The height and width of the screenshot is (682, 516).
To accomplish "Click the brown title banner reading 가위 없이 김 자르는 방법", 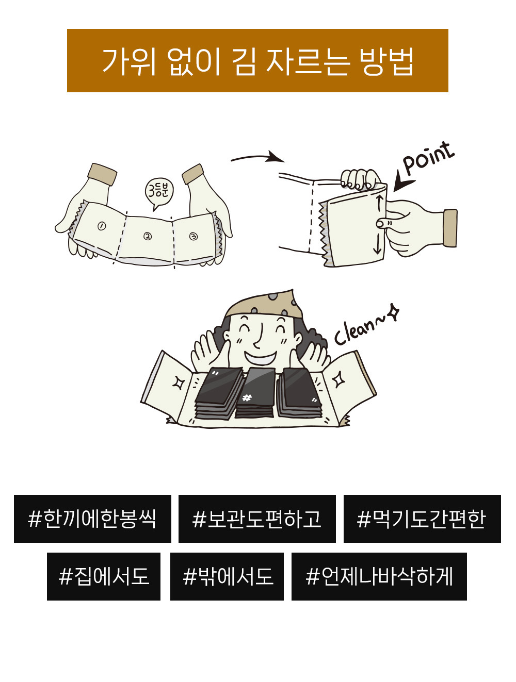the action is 257,61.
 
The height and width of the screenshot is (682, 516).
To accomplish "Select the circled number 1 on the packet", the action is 102,226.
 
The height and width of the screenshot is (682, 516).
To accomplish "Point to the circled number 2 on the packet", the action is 148,237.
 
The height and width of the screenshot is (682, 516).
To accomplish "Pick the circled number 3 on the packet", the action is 193,237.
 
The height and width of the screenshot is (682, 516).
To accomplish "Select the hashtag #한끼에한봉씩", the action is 92,519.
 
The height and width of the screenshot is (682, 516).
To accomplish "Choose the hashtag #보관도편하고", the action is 257,519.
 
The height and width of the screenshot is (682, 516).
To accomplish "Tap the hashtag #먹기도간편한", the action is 422,519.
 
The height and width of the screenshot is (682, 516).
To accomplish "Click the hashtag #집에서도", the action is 104,576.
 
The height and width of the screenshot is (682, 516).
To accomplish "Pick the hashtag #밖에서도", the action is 227,576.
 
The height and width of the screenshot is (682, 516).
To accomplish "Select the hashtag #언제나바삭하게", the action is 379,576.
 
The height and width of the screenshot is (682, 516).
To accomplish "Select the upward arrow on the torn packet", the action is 379,202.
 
